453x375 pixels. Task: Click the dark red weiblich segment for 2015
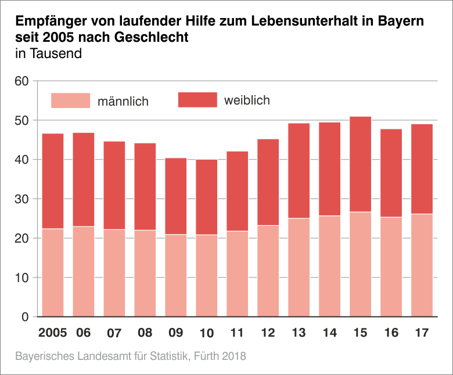coord(361,164)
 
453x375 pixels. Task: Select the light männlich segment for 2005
coord(53,272)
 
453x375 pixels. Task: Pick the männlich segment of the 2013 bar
coord(299,267)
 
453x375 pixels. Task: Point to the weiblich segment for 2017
coord(422,169)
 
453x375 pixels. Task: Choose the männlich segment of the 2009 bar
coord(176,275)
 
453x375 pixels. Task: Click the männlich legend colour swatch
coord(71,100)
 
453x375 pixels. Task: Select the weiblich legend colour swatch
coord(197,100)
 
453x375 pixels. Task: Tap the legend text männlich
coord(123,102)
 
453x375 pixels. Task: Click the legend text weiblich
coord(247,100)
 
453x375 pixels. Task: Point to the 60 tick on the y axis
coord(21,81)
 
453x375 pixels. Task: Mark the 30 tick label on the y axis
coord(21,199)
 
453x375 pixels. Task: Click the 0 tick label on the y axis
coord(26,317)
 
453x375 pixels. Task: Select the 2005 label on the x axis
coord(53,333)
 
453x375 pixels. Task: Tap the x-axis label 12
coord(268,333)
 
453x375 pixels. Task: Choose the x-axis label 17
coord(422,333)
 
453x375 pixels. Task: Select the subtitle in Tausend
coord(48,54)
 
